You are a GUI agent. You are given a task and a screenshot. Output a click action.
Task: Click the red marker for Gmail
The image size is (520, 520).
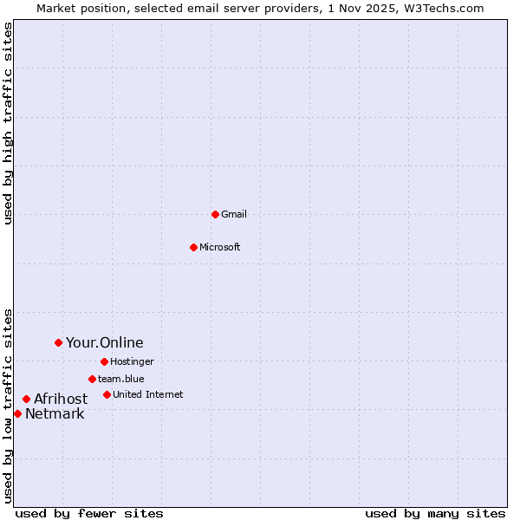coord(215,214)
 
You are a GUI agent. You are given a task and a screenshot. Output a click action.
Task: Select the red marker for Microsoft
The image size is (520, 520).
coord(194,247)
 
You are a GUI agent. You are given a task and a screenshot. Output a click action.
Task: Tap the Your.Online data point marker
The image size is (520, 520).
coord(58,342)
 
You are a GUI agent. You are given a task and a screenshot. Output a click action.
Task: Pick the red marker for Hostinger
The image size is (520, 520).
coord(104,361)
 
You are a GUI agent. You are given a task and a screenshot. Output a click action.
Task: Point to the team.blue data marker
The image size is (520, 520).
coord(92,379)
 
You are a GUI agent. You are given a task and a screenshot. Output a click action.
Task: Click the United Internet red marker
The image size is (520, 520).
coord(107,394)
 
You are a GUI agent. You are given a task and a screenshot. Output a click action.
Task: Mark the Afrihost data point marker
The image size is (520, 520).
coord(26,399)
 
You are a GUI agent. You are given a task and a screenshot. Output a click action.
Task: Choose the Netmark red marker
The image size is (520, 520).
coord(17,413)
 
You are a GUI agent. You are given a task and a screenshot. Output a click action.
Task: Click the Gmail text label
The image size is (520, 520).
coord(234,214)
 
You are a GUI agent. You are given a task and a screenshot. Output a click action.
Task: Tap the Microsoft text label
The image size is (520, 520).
coord(220,247)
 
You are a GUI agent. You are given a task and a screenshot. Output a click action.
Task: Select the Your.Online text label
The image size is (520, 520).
coord(105,342)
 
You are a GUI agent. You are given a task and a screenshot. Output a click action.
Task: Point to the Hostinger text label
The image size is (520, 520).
coord(132,361)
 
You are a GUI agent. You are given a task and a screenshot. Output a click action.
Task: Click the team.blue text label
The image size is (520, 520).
coord(121,379)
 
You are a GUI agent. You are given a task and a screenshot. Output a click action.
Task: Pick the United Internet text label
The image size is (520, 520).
coord(148,394)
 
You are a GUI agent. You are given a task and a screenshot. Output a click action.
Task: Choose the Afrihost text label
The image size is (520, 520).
coord(61,399)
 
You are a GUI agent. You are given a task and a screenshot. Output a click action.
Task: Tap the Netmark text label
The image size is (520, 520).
coord(55,413)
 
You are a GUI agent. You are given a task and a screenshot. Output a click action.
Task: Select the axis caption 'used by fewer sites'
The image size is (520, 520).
coord(89,513)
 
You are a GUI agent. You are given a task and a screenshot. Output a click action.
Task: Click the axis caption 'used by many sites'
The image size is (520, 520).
coord(435,513)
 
